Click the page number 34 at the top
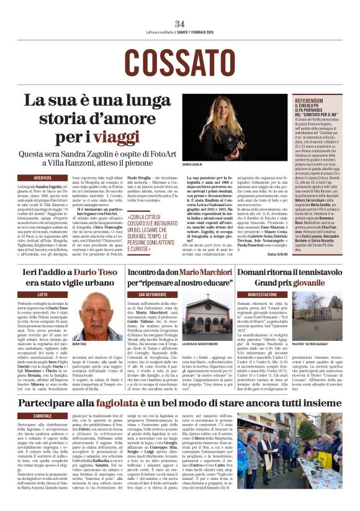coord(180,24)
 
